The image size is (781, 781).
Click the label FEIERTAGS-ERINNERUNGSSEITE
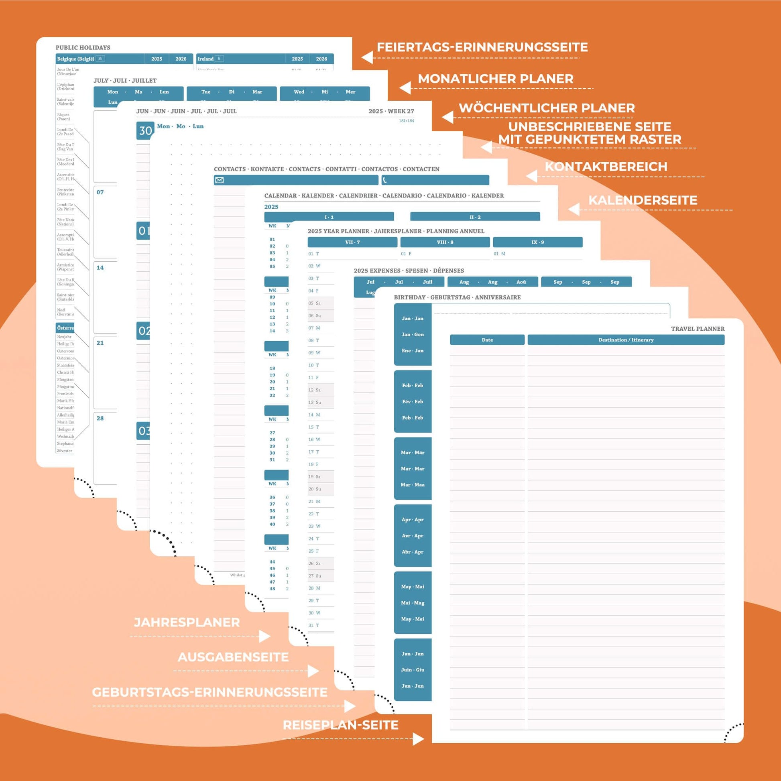pyautogui.click(x=482, y=47)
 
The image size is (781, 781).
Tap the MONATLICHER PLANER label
pyautogui.click(x=495, y=79)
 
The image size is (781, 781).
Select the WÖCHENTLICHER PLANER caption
pyautogui.click(x=547, y=108)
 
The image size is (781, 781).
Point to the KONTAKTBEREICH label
pyautogui.click(x=606, y=167)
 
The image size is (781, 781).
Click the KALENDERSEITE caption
pyautogui.click(x=643, y=200)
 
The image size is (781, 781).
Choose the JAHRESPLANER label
pyautogui.click(x=187, y=622)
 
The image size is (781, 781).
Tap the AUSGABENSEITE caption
pyautogui.click(x=233, y=657)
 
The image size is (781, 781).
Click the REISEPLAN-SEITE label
pyautogui.click(x=340, y=725)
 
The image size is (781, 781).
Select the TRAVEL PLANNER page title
pyautogui.click(x=698, y=329)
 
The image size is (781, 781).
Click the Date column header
pyautogui.click(x=487, y=340)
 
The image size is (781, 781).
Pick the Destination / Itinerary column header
pyautogui.click(x=626, y=340)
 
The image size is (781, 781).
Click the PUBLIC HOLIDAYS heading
pyautogui.click(x=83, y=48)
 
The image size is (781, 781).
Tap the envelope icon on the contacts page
pyautogui.click(x=220, y=180)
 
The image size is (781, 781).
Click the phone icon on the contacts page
pyautogui.click(x=385, y=180)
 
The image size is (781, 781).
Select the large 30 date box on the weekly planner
pyautogui.click(x=145, y=130)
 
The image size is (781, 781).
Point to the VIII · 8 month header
pyautogui.click(x=445, y=242)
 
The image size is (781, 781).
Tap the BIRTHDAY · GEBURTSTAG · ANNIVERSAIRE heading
pyautogui.click(x=457, y=297)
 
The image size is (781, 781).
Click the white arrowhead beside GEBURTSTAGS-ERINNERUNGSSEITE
pyautogui.click(x=350, y=706)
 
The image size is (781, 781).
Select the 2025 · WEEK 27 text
pyautogui.click(x=391, y=111)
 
